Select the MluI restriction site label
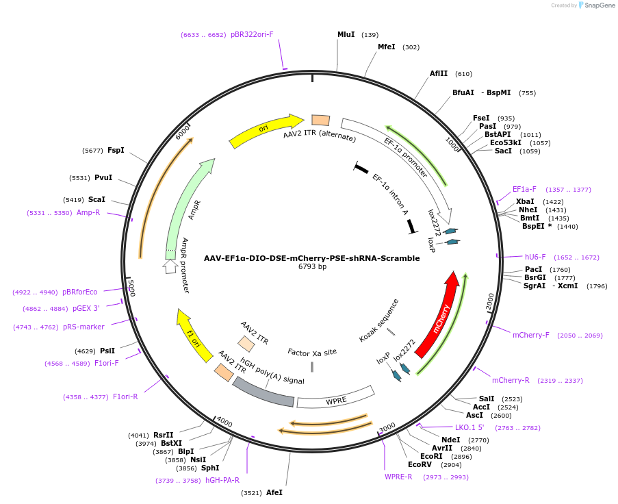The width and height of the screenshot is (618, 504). point(346,34)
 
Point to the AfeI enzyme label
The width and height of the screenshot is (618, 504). point(274,492)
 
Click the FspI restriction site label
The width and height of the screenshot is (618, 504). point(116,150)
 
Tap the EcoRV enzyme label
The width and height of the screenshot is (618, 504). point(423,464)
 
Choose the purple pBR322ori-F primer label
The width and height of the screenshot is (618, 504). point(252,34)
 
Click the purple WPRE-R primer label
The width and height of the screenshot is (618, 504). point(398,477)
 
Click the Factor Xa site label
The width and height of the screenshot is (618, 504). point(312,352)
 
